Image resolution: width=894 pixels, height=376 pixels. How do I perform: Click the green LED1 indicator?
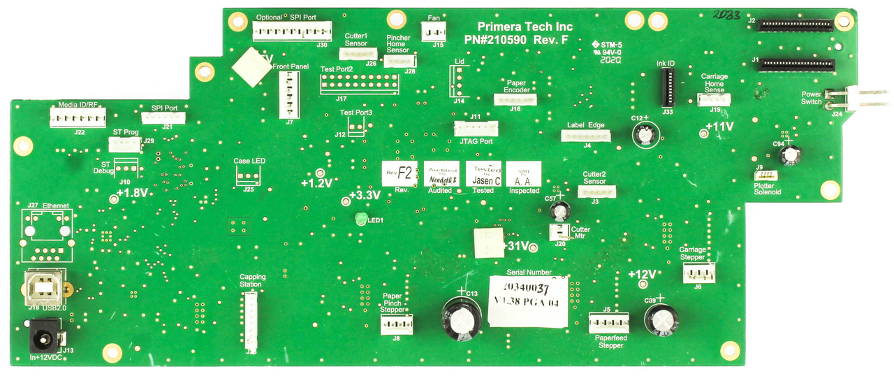coord(360,220)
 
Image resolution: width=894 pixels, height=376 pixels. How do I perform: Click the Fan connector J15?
coord(433,31)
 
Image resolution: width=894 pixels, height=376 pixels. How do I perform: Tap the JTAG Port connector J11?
coord(476,129)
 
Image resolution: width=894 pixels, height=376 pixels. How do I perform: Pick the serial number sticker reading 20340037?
coord(527,301)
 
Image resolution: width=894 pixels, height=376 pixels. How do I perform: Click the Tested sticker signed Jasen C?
coord(483,174)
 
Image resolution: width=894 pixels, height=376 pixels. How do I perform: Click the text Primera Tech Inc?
coord(525,27)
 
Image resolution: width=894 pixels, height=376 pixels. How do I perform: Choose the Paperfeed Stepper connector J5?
coord(608,323)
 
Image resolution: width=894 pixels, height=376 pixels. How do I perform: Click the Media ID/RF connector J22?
coord(77,118)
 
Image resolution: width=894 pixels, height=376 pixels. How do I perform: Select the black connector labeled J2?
coord(796,25)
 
